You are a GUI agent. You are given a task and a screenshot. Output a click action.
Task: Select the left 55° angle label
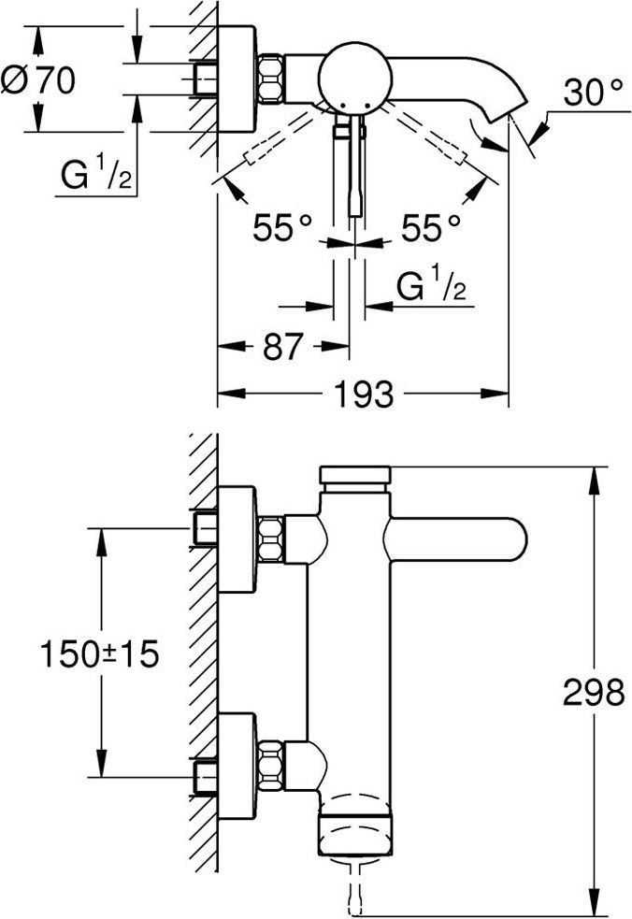[x=282, y=227]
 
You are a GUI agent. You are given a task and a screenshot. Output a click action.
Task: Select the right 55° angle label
[x=430, y=227]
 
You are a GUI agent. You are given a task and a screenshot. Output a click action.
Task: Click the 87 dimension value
[x=283, y=347]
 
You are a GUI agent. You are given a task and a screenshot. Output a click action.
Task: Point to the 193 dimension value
[x=364, y=395]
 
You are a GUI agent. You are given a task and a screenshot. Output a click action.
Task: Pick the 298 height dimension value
[x=593, y=693]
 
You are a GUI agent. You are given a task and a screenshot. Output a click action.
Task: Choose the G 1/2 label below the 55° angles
[x=430, y=287]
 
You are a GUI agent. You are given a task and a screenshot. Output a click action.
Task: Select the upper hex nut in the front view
[x=271, y=538]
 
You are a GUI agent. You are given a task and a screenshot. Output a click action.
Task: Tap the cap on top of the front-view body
[x=355, y=476]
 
